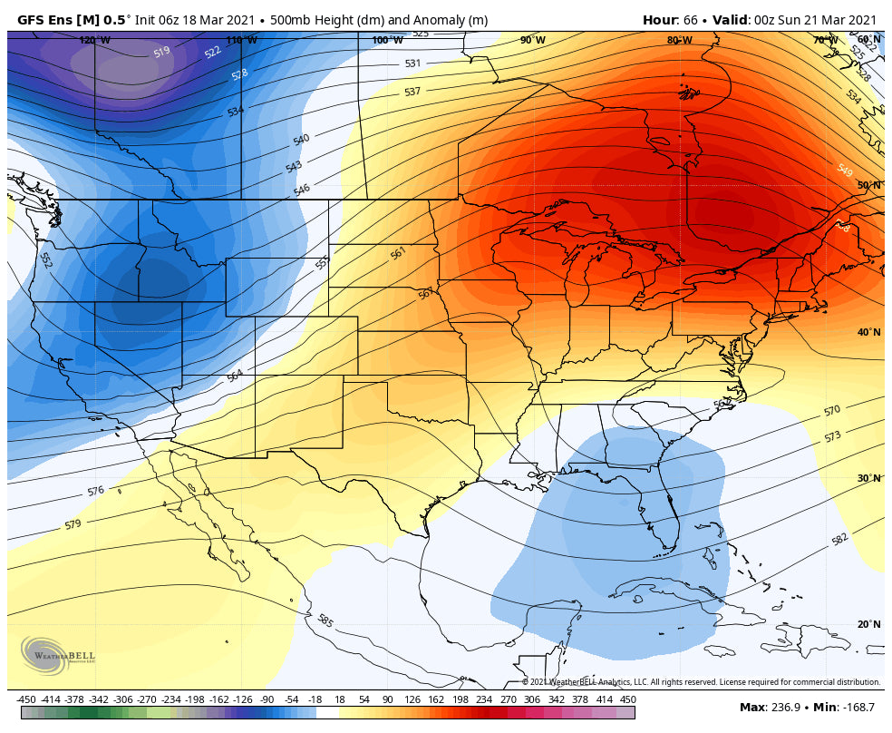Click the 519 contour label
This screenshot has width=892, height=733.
coord(161,53)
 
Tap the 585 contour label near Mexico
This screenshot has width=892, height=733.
coord(325,621)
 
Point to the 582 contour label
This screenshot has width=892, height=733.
coord(839,540)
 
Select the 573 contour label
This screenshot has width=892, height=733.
coord(832,436)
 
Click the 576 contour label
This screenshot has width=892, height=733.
coord(96,491)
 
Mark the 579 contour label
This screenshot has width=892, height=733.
coord(73,524)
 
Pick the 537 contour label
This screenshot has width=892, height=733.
coord(412,92)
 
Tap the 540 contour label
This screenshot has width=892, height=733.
coord(301,139)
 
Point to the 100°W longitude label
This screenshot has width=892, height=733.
coord(387,40)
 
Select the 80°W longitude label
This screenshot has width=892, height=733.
coord(679,40)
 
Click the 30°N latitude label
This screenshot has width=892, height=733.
coord(868,478)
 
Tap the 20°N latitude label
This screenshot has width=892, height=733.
coord(868,624)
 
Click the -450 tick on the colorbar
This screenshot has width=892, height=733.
coord(26,699)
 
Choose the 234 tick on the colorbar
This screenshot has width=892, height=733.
coord(483,699)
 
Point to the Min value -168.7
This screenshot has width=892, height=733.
coord(857,707)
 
